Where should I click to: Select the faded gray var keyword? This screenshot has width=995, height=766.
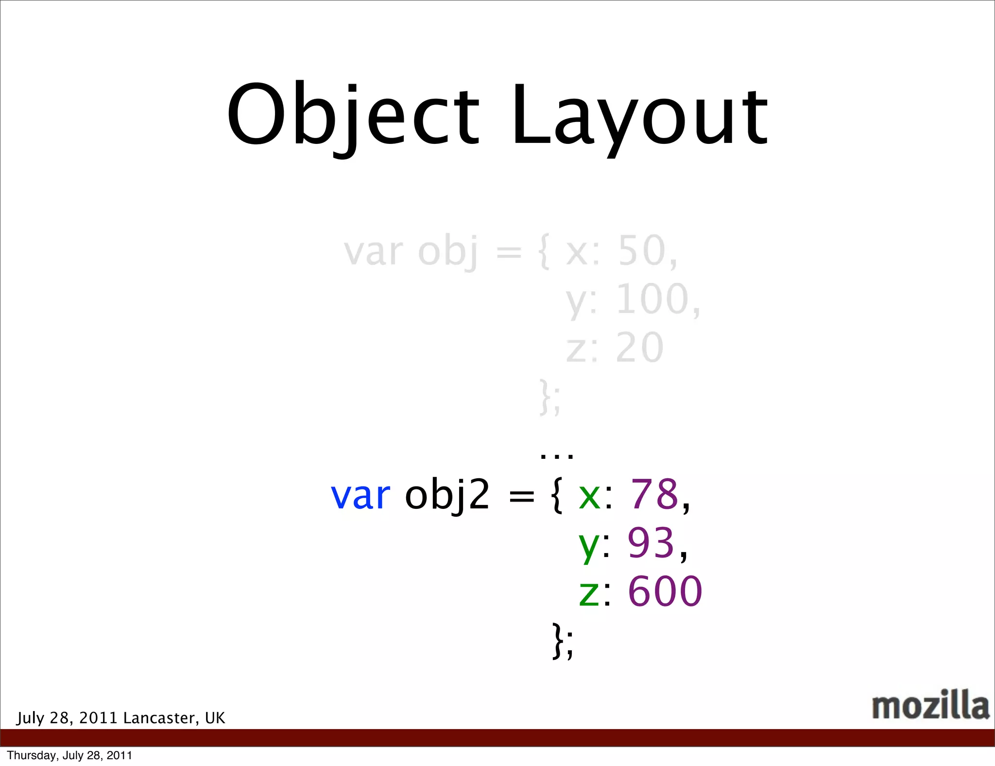[373, 252]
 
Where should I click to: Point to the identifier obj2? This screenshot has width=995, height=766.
[447, 495]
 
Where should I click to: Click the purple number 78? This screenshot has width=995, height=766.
[654, 494]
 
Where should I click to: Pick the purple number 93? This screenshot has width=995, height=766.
[651, 542]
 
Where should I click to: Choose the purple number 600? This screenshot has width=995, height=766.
[665, 592]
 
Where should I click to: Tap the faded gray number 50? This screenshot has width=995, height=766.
[642, 251]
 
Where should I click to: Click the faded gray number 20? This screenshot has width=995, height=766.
[639, 348]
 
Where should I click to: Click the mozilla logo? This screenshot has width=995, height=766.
[930, 705]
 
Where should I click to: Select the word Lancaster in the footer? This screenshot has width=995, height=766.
[161, 718]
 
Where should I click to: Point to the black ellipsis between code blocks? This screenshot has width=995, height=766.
[557, 455]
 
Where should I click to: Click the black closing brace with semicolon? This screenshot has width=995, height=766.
[563, 641]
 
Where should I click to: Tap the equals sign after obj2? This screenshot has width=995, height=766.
[521, 496]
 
